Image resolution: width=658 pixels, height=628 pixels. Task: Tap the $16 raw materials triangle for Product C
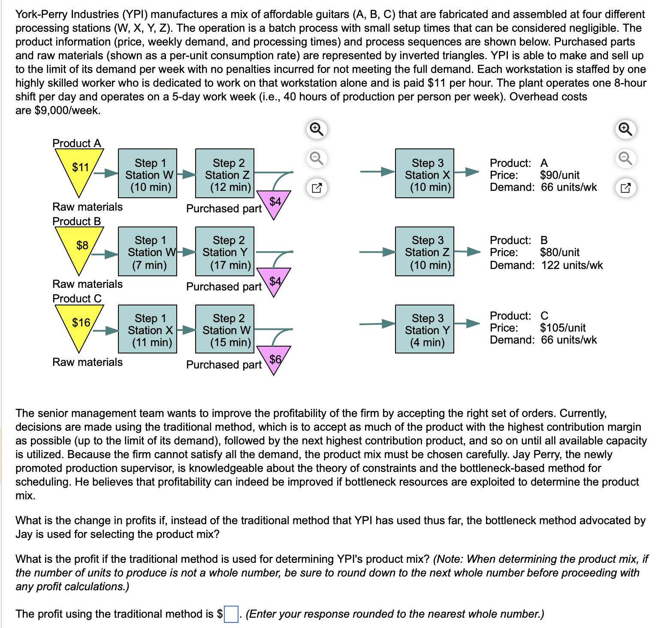click(x=80, y=325)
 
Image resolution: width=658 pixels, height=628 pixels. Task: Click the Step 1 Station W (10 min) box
click(x=148, y=173)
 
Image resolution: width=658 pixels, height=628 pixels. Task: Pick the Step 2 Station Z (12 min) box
click(x=225, y=173)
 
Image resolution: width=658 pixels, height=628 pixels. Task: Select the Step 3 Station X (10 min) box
click(x=425, y=173)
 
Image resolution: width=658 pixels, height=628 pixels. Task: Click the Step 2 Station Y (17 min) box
click(x=225, y=251)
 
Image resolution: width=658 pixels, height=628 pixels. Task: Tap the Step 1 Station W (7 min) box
click(x=148, y=251)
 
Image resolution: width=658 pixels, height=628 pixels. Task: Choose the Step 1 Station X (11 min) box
click(x=148, y=329)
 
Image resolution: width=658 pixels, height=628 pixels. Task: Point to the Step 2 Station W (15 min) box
click(x=225, y=329)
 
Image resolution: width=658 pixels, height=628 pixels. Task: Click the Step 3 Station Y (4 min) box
click(x=425, y=329)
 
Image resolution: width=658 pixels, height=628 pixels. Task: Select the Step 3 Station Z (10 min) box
click(x=425, y=251)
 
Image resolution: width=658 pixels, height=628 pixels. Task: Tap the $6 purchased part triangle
click(x=275, y=359)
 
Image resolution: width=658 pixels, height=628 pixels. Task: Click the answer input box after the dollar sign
click(x=231, y=614)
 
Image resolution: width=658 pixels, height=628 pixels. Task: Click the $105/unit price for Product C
click(x=562, y=328)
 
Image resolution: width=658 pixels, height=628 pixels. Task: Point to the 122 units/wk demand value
click(x=572, y=265)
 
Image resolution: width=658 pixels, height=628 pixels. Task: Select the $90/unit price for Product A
click(x=559, y=175)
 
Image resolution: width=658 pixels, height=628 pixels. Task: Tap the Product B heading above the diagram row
click(x=77, y=221)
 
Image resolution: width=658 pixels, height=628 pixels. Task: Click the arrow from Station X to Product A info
click(x=467, y=172)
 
